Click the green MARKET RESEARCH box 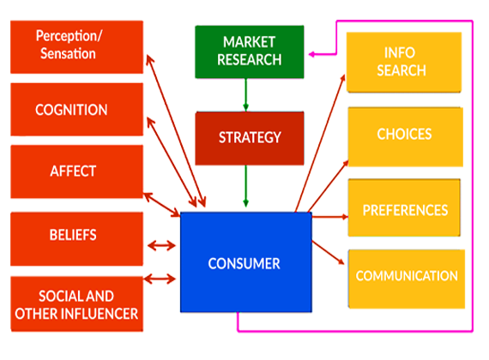(250, 51)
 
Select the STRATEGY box (250, 138)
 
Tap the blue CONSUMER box (246, 262)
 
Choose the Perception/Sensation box (76, 47)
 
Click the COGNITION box (76, 110)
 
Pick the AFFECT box (76, 171)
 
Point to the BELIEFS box (76, 239)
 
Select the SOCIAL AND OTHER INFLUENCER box (76, 304)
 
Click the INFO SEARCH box (404, 62)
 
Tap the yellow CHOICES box (406, 137)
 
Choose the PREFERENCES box (404, 207)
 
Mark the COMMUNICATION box (407, 279)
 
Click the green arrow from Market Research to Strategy (245, 95)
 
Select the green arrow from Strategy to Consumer (245, 186)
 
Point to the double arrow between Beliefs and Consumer (161, 246)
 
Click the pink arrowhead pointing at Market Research (311, 54)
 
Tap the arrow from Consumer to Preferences (330, 217)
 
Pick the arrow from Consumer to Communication (328, 253)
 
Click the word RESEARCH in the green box (250, 60)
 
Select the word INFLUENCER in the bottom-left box (100, 314)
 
